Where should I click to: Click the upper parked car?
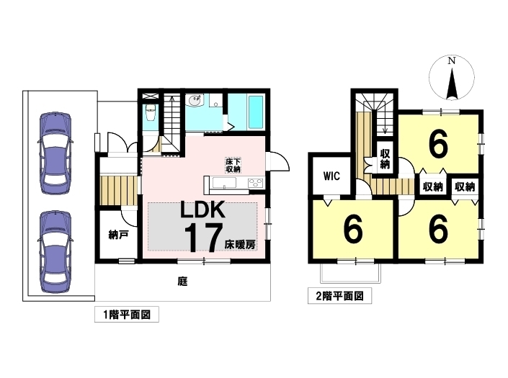point(55,153)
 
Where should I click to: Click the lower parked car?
point(55,252)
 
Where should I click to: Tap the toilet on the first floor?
point(151,113)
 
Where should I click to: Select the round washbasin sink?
point(195,100)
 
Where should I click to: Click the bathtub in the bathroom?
point(256,112)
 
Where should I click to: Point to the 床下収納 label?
point(233,165)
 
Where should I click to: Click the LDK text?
point(202,210)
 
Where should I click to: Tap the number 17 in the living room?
point(203,238)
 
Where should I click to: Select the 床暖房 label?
point(240,245)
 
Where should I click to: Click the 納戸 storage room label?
point(118,235)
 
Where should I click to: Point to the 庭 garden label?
point(183,282)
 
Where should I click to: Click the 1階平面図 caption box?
point(127,314)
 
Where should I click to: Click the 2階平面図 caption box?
point(339,296)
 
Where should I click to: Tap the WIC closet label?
point(331,176)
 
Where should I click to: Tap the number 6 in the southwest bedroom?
point(353,230)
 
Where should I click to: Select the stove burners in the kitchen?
point(256,183)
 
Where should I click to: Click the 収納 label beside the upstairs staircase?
point(385,159)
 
